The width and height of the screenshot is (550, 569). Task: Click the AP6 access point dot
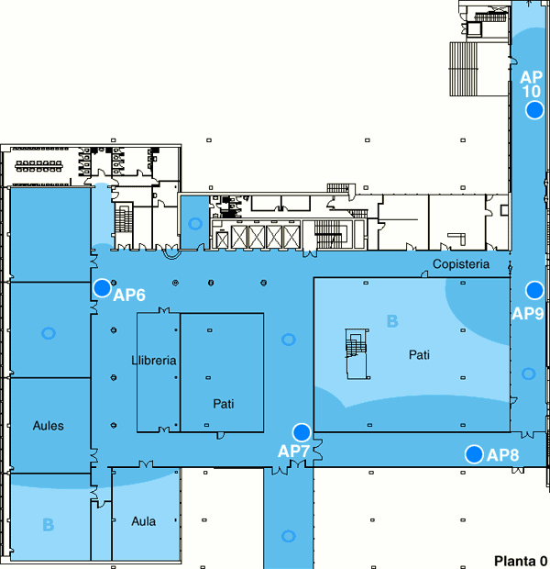click(x=103, y=288)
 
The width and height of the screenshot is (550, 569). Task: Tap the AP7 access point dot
click(x=302, y=432)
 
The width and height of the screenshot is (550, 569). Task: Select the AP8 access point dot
click(x=474, y=454)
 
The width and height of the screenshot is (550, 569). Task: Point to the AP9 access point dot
click(x=534, y=290)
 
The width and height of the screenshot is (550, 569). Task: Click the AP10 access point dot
click(x=534, y=110)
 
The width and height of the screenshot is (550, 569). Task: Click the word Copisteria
click(x=461, y=263)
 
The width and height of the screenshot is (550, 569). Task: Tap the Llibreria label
click(x=154, y=361)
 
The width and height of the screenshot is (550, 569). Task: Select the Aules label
click(x=49, y=425)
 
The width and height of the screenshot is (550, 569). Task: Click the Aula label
click(x=144, y=521)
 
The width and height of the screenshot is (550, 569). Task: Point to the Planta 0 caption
click(x=521, y=561)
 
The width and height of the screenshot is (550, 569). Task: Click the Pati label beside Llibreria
click(x=224, y=404)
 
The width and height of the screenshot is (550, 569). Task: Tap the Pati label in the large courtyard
click(x=419, y=354)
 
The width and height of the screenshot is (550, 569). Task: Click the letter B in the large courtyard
click(x=392, y=321)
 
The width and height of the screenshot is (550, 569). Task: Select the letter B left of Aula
click(x=49, y=525)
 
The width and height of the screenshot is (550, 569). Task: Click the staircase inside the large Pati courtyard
click(x=357, y=354)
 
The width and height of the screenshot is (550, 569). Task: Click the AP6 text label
click(x=129, y=295)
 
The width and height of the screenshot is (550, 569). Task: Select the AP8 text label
click(x=503, y=454)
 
